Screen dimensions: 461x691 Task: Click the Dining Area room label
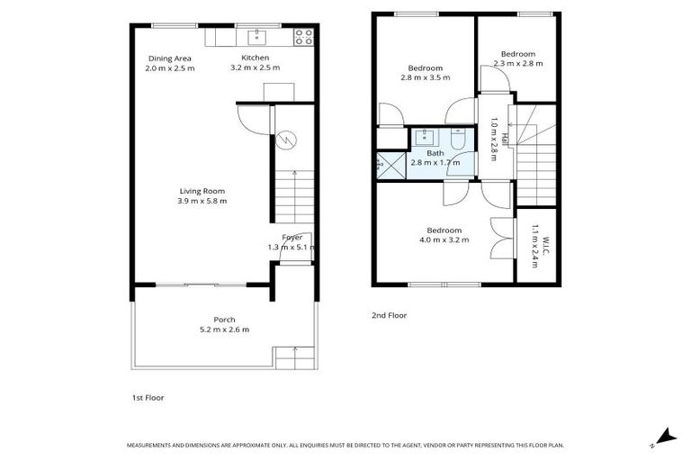coord(169,59)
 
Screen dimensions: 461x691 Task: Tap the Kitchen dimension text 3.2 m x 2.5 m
coord(255,68)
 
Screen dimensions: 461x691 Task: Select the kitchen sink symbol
coord(256,37)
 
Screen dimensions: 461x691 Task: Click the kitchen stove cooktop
coord(304,37)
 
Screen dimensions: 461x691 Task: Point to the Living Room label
coord(202,191)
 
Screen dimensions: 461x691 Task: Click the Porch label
coord(224,320)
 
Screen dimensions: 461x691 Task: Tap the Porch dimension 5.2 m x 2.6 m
coord(224,330)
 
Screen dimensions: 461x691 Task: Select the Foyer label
coord(292,238)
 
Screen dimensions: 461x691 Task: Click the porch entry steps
coord(294,358)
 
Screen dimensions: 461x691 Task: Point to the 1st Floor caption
coord(148,397)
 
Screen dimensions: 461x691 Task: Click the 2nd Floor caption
coord(390,315)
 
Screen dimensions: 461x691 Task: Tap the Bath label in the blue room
coord(435,153)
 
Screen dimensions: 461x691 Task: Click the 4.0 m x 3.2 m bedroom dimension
coord(444,240)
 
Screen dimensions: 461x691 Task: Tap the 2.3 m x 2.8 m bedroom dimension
coord(517,63)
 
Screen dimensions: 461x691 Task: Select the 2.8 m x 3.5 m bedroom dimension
coord(425,77)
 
